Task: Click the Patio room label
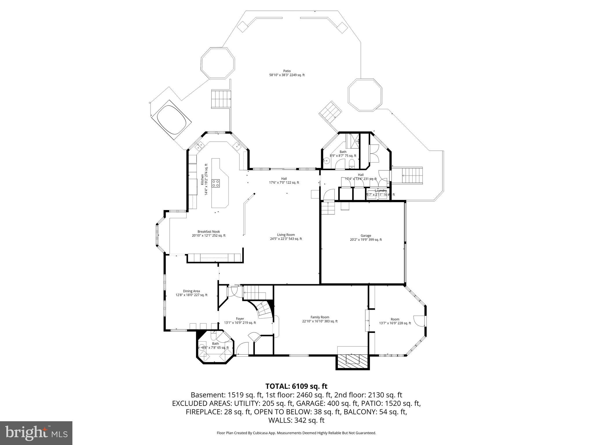point(287,73)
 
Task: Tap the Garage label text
point(366,238)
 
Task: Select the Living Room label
point(286,237)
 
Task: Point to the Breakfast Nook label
point(208,234)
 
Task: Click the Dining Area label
point(191,293)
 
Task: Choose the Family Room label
point(320,319)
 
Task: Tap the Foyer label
point(240,320)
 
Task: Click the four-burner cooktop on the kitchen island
point(216,183)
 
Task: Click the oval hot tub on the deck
point(171,119)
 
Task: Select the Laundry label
point(380,190)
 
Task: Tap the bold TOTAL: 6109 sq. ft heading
point(296,386)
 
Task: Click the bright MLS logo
point(36,433)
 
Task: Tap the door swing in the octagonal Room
point(419,320)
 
